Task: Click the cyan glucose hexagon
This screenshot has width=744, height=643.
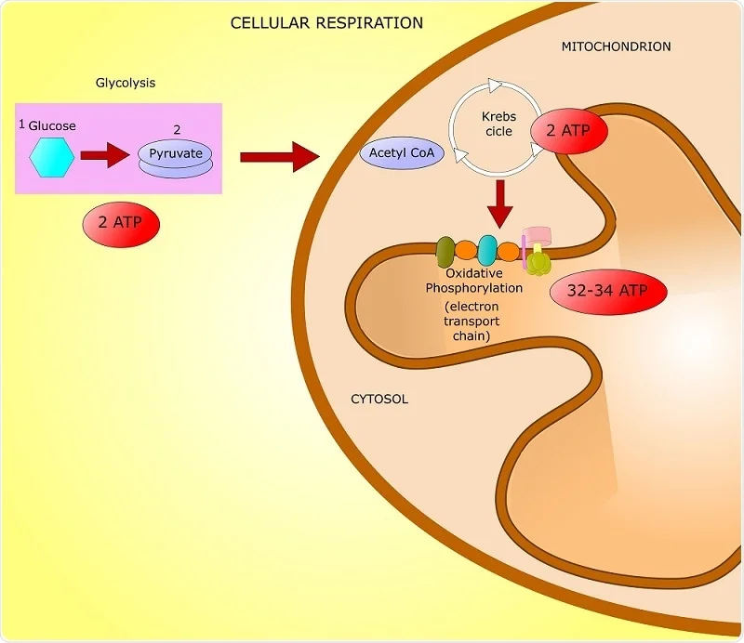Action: [52, 155]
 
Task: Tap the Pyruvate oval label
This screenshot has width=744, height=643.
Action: [177, 151]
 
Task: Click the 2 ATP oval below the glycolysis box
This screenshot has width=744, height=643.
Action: [121, 223]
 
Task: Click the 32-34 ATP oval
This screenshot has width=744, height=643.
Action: [609, 290]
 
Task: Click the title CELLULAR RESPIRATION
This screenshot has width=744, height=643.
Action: [326, 22]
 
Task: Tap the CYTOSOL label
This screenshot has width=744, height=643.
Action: [379, 400]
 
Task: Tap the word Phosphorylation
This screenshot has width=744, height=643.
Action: [474, 288]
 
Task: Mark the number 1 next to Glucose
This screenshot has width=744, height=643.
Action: [22, 124]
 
